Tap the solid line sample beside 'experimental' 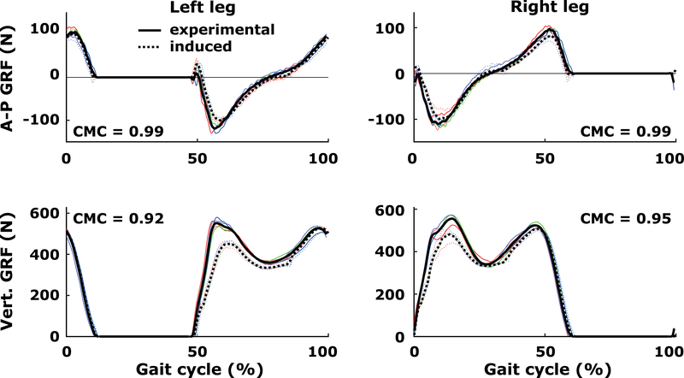coord(151,30)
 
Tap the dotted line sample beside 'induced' coord(151,47)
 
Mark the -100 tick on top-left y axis coord(40,121)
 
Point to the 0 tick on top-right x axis coord(414,158)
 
